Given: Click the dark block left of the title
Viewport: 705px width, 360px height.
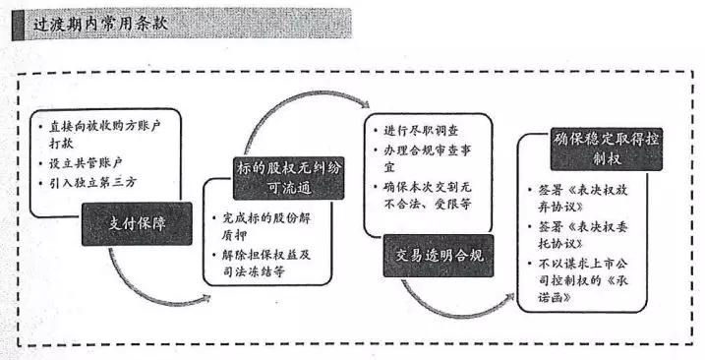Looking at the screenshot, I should [19, 24].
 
